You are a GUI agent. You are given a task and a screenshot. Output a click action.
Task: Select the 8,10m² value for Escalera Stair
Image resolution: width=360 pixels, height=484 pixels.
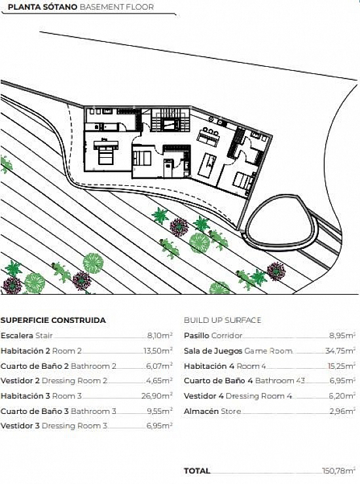pos(160,335)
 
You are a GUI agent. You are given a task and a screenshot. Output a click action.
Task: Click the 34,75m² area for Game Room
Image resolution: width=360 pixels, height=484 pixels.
pos(340,351)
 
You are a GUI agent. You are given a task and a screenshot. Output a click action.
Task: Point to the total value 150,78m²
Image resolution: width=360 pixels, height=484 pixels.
pos(338,471)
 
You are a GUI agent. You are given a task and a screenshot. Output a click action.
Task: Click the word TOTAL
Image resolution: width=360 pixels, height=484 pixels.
pos(197,471)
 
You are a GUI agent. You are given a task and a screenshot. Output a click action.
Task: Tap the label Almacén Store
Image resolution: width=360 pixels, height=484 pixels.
pos(212,411)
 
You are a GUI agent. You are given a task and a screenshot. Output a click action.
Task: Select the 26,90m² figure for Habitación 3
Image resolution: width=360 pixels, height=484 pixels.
pos(157,396)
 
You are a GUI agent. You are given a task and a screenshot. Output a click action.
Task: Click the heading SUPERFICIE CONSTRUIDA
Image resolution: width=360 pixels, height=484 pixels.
pos(53,320)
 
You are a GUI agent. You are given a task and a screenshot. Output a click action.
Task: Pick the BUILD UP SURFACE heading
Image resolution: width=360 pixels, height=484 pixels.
pos(223,320)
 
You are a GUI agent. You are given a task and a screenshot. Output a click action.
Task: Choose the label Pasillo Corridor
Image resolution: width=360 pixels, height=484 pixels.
pos(213,335)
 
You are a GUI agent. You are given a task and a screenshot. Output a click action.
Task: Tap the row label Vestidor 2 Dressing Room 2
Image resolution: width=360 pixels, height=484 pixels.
pos(54,381)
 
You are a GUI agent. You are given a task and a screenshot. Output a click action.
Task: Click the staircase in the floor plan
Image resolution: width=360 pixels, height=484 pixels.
pos(170,121)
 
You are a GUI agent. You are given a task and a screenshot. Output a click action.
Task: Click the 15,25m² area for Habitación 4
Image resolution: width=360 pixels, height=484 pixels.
pos(341,366)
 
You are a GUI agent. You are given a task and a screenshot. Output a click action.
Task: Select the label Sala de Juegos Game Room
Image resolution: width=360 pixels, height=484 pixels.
pos(238,351)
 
